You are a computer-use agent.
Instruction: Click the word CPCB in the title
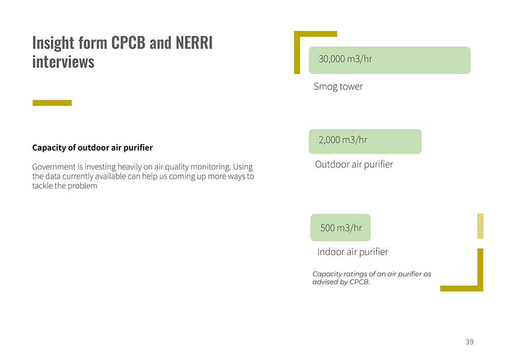128,43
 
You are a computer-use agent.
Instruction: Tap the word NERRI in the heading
194,43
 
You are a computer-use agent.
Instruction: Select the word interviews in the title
63,62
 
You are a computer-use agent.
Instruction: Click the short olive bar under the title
52,103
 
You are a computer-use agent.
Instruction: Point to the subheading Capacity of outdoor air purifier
93,148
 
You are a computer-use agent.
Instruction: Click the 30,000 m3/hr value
345,59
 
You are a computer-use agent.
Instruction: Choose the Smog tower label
338,86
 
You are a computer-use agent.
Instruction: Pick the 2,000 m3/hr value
343,140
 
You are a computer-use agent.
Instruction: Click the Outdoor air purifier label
354,164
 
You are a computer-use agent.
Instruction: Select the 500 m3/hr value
341,228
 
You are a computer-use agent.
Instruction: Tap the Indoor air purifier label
353,252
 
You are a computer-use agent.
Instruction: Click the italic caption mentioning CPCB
372,278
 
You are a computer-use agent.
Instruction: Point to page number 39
470,342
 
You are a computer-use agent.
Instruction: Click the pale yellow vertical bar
480,226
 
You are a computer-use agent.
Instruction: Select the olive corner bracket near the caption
480,276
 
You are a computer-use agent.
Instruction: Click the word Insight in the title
53,43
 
